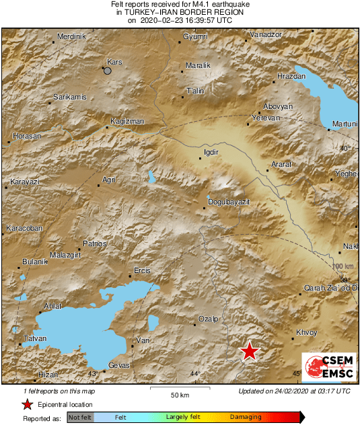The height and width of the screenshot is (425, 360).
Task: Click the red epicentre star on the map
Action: click(250, 350)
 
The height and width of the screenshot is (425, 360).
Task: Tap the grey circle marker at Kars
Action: click(107, 69)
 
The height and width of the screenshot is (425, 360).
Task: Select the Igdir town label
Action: click(211, 152)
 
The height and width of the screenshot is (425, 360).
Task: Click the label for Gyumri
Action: click(195, 36)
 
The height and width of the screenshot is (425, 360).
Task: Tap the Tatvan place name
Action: click(35, 338)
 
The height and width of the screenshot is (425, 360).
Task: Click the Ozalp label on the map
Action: click(209, 319)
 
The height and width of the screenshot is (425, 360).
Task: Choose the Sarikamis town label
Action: click(70, 98)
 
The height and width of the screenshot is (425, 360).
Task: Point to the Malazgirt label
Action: click(65, 255)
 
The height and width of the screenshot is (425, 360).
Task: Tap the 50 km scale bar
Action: click(178, 389)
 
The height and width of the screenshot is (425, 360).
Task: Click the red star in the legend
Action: click(27, 404)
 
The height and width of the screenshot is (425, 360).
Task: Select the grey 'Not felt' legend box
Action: click(80, 418)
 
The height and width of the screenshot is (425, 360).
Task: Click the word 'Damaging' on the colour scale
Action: click(246, 418)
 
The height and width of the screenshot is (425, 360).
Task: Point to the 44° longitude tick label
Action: click(194, 373)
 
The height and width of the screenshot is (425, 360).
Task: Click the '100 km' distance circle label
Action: click(343, 267)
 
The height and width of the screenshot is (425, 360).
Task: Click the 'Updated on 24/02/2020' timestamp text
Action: click(294, 391)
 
